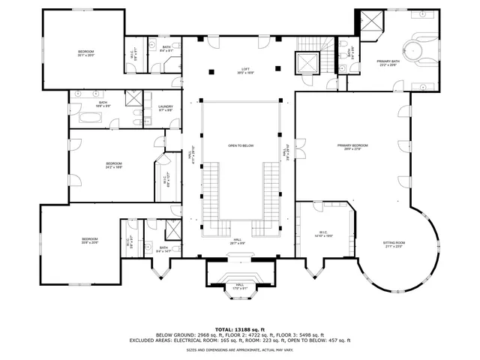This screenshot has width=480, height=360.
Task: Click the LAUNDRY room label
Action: tap(166, 108)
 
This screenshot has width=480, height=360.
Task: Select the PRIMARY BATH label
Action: tap(388, 63)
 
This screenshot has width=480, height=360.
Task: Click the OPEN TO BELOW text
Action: tap(241, 145)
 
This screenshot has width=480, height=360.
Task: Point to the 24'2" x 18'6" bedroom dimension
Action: tap(113, 167)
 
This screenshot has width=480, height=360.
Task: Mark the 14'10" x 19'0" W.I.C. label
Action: tap(324, 234)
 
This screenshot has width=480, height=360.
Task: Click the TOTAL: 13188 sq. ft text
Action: tap(240, 329)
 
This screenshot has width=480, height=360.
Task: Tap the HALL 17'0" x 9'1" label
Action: tap(239, 286)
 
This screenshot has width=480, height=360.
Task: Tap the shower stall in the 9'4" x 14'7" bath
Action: tap(172, 229)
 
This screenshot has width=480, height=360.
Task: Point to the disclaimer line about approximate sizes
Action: tap(240, 349)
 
